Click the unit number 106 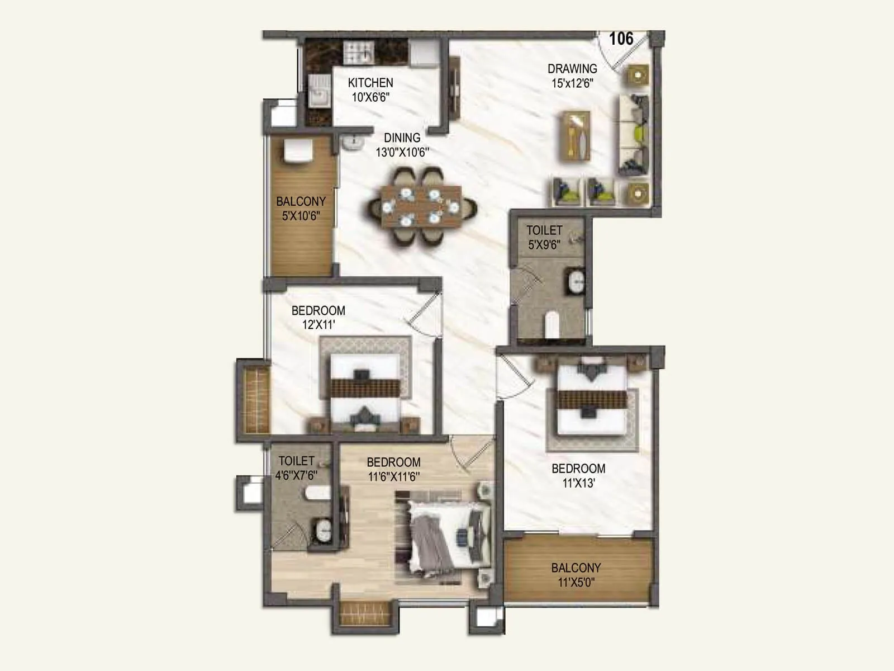pyautogui.click(x=621, y=39)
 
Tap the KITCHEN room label pyautogui.click(x=370, y=83)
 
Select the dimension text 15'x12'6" pyautogui.click(x=572, y=83)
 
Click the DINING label pyautogui.click(x=402, y=138)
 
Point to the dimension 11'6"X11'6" pyautogui.click(x=394, y=476)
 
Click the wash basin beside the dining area pyautogui.click(x=353, y=144)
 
